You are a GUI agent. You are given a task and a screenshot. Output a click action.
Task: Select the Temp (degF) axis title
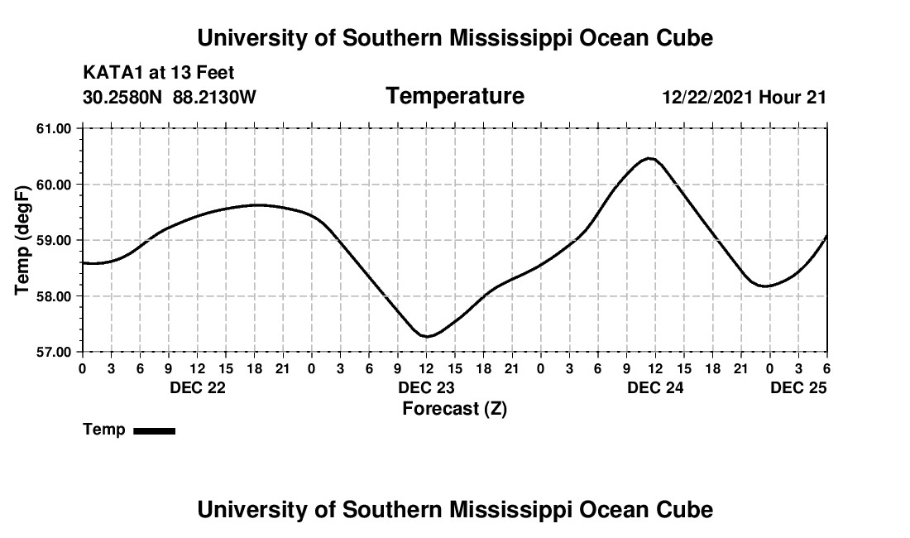click(23, 240)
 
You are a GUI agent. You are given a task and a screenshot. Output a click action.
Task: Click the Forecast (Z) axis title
click(454, 409)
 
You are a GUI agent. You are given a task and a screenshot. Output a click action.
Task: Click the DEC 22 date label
click(198, 388)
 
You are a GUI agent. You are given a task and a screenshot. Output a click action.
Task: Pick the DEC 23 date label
click(427, 388)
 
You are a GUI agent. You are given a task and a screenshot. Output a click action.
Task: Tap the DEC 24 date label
click(655, 388)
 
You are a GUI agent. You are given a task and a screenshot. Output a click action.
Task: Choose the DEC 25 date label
click(799, 388)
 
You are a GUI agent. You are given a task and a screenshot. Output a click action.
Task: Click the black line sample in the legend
click(155, 430)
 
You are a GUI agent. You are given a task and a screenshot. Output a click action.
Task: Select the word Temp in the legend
click(104, 430)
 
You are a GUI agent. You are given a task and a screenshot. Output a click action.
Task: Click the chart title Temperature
click(455, 96)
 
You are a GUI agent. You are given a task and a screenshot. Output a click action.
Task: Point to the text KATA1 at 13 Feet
click(159, 74)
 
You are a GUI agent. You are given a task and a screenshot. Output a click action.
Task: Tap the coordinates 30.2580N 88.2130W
click(170, 98)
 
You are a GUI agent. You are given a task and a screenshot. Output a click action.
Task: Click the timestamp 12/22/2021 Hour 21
click(744, 98)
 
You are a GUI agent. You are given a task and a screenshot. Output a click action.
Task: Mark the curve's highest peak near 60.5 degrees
click(650, 158)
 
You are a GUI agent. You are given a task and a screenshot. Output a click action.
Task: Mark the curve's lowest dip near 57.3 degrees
click(427, 336)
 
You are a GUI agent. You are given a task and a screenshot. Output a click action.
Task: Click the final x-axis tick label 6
click(826, 368)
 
